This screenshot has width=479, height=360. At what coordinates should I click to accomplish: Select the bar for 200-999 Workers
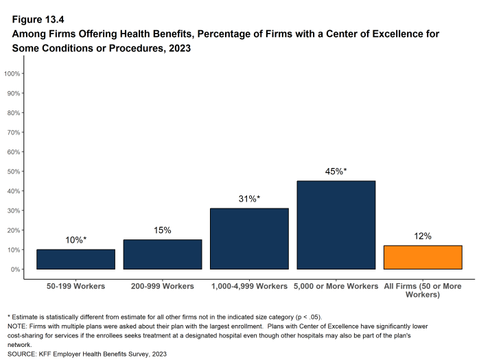point(163,254)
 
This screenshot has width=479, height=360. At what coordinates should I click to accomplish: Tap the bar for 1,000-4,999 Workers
point(249,239)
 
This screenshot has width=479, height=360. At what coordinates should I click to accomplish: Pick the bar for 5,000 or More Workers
point(336,225)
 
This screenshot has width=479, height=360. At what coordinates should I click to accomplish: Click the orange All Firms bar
point(423,257)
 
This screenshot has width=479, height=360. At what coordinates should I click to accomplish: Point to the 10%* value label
point(75,240)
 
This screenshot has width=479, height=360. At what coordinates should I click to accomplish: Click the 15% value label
point(163,230)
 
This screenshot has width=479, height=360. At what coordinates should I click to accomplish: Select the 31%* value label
point(249,199)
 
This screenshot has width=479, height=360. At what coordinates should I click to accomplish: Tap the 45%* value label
point(336,171)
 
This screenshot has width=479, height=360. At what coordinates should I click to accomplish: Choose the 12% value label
point(423,237)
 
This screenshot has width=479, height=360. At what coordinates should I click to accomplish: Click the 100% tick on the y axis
point(14,73)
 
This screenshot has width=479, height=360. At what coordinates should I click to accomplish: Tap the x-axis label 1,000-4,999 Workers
point(249,285)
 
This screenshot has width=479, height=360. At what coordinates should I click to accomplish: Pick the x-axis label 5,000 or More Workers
point(336,285)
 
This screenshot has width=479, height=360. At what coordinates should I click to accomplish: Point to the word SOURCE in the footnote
point(22,354)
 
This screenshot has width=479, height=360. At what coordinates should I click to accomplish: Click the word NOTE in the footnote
point(16,327)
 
